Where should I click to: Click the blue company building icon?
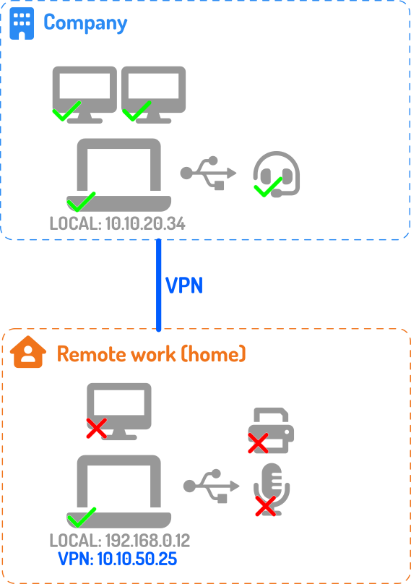point(22,23)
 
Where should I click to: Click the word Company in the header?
point(86,23)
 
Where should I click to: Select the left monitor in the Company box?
point(85,95)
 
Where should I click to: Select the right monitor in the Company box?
point(153,95)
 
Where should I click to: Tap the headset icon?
point(277,174)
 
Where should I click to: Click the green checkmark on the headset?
point(268,187)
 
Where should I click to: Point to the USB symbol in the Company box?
point(208,173)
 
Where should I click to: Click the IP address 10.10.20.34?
point(145,223)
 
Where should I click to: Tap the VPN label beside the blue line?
point(184,285)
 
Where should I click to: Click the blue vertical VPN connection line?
point(159,285)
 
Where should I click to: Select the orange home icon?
point(28,352)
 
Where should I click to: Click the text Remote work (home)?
point(152,354)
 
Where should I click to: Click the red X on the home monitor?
point(97,428)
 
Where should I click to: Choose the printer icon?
point(271,430)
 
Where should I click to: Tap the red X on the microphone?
point(266,506)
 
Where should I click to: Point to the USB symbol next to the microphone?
point(211,486)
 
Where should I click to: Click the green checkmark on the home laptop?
point(82,518)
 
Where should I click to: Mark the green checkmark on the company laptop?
point(81,202)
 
